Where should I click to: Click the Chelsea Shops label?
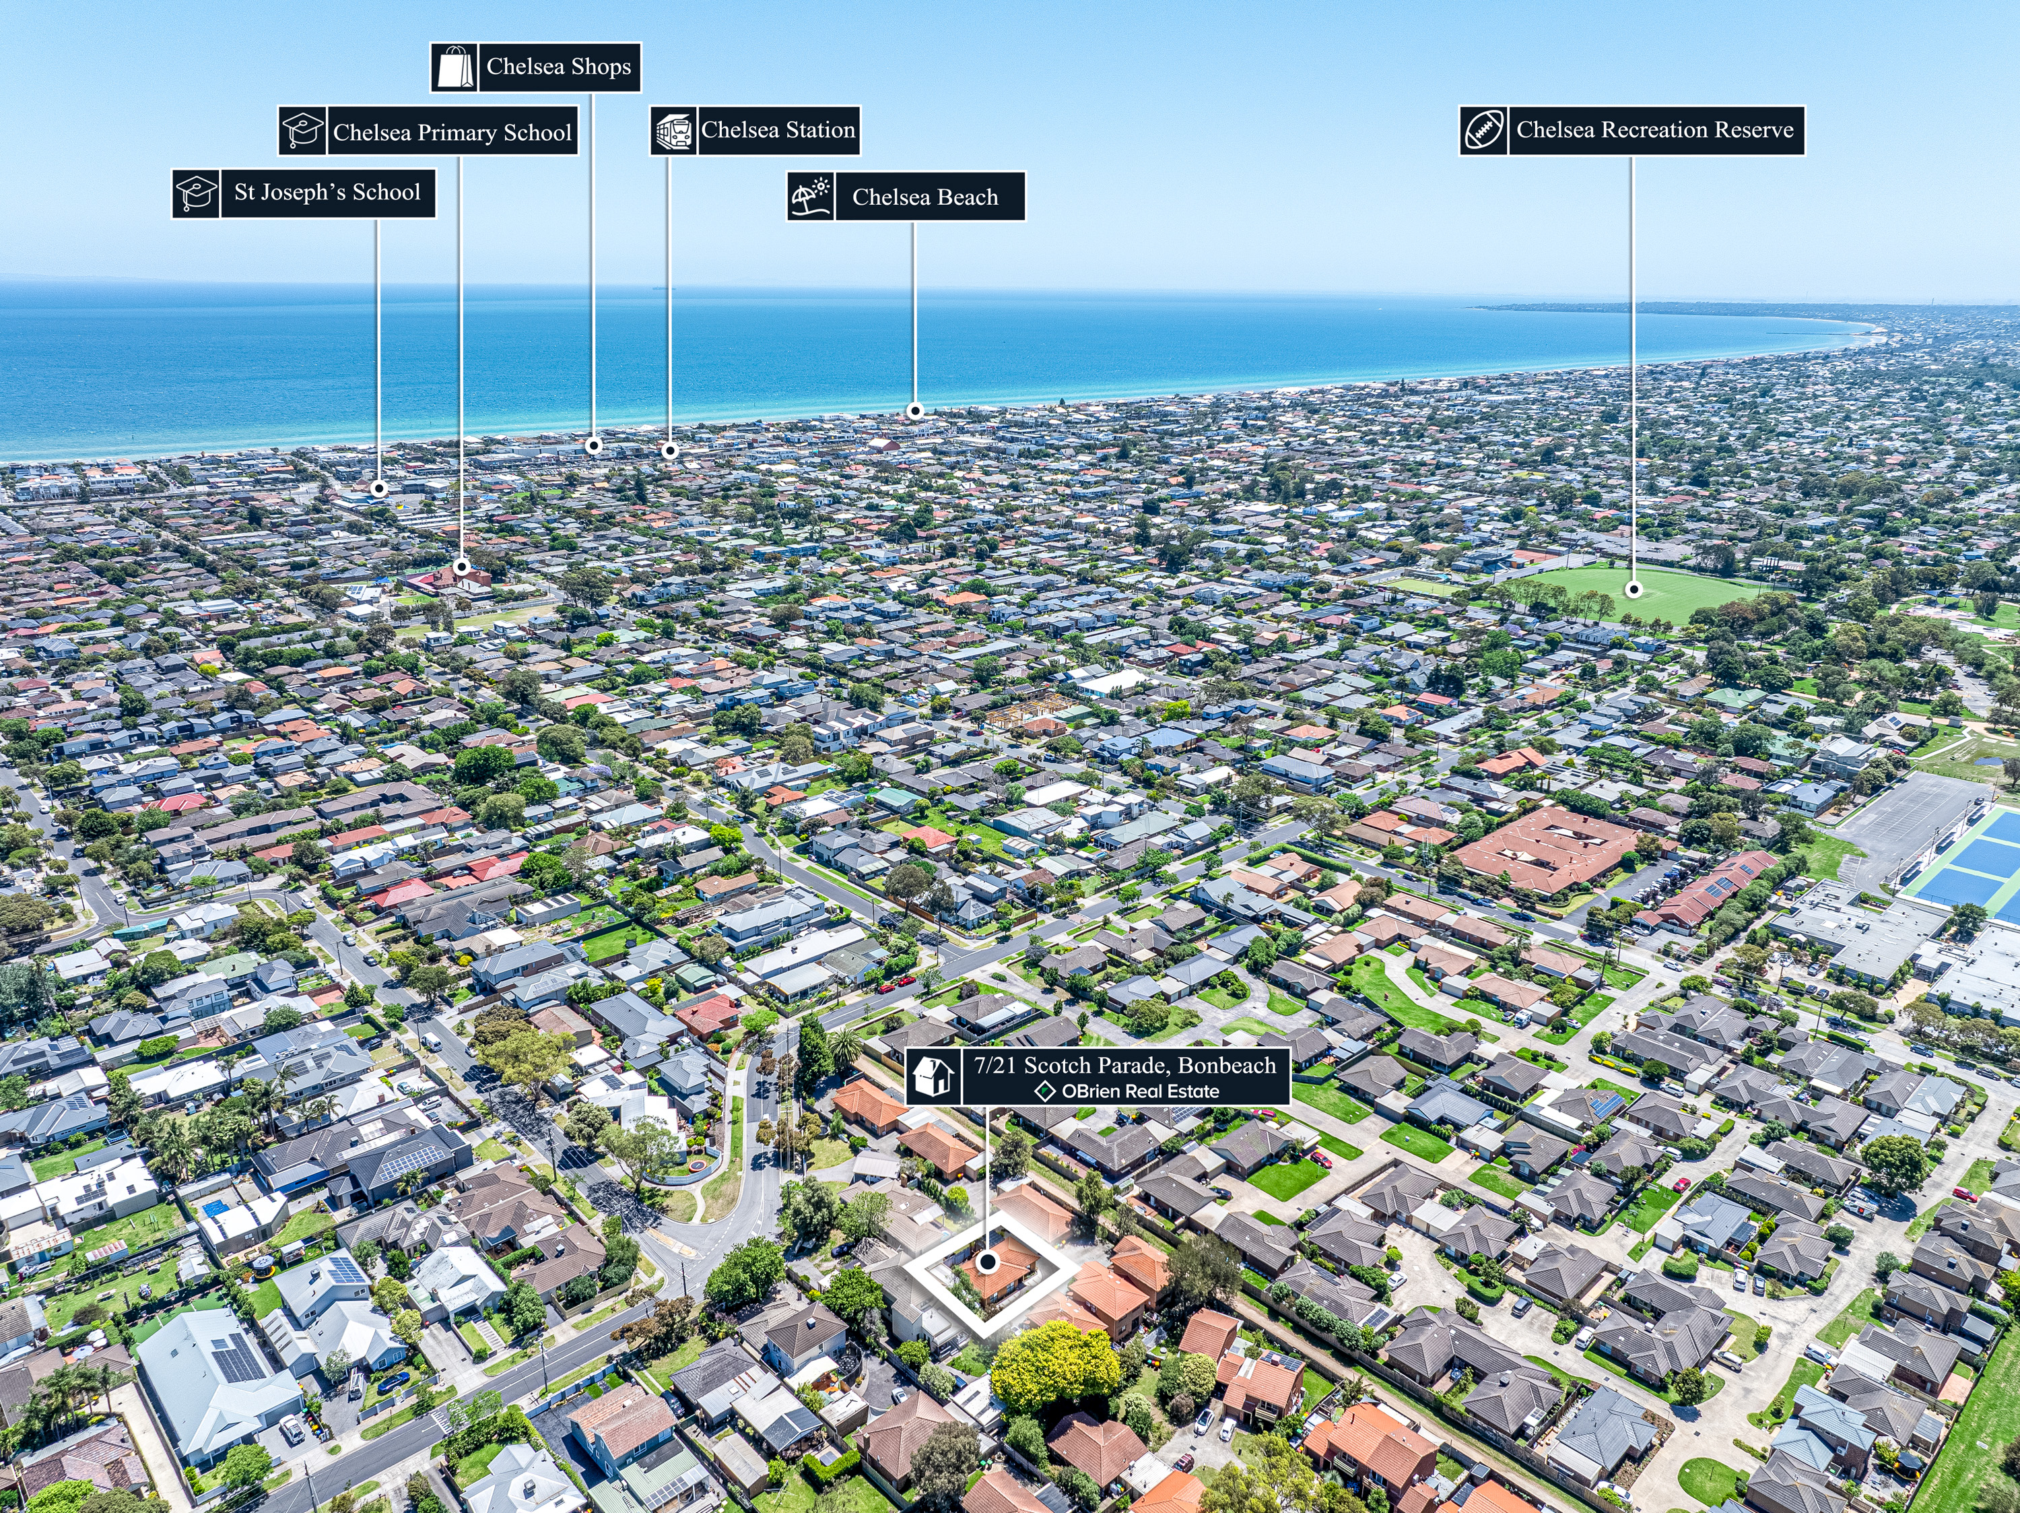558,67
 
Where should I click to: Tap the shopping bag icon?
454,67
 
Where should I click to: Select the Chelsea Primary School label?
452,133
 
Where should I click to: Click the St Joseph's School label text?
327,193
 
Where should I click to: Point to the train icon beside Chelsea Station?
674,131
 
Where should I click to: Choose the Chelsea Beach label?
925,197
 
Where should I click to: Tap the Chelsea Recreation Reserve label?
1655,130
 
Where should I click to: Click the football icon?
1484,131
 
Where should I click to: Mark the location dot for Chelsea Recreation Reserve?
1634,590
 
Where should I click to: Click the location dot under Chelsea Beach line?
915,411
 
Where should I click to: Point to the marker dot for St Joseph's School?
379,489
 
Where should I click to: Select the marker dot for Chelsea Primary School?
462,567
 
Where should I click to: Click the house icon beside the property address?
933,1077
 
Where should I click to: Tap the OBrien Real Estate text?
1140,1091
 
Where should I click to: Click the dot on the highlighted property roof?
987,1262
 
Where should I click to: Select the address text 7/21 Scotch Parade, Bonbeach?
1125,1065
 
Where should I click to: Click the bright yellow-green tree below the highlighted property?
1054,1367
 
